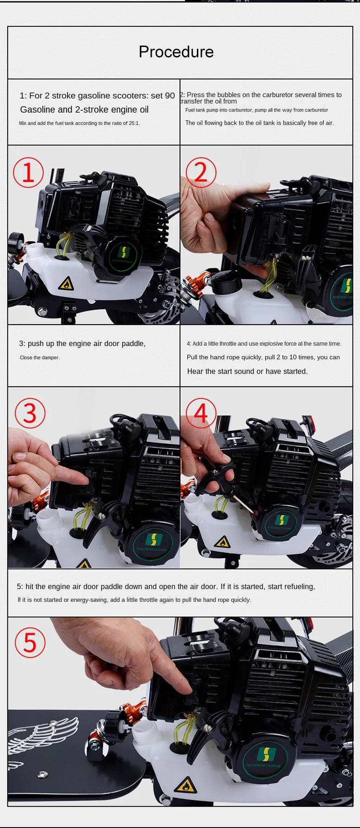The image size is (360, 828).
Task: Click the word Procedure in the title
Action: (176, 52)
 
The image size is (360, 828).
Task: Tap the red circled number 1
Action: (28, 172)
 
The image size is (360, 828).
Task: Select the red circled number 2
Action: (201, 172)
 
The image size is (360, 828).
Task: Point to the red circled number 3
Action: (30, 413)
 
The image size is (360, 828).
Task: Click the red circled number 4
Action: (201, 413)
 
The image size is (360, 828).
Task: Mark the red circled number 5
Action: (30, 643)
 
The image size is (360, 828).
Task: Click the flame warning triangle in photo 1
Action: (66, 284)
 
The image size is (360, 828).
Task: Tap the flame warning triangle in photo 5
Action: (185, 785)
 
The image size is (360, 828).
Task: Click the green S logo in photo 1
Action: (124, 253)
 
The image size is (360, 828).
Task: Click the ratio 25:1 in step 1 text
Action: (131, 123)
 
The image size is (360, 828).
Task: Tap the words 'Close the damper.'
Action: (40, 357)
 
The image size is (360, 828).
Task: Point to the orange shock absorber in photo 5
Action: (132, 715)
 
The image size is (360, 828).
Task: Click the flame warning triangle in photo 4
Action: (222, 542)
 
